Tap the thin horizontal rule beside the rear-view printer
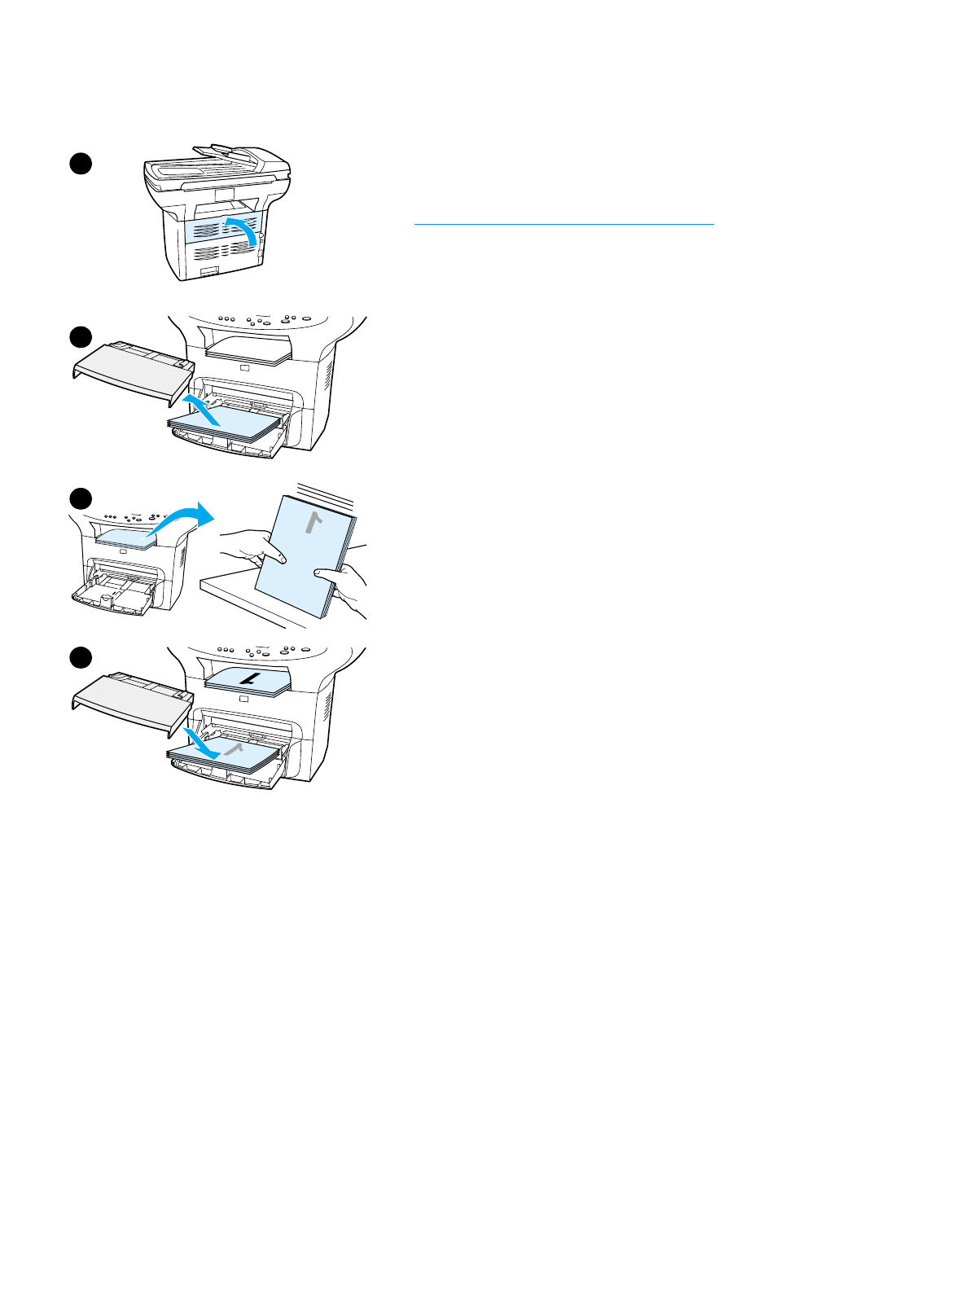[563, 223]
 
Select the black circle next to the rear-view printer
[79, 163]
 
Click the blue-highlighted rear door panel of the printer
[213, 231]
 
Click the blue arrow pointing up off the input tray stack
[201, 409]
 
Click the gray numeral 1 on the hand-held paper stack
[310, 522]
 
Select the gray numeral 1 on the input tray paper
[235, 749]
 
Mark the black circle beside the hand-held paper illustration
[79, 498]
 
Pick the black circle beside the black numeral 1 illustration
[79, 657]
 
